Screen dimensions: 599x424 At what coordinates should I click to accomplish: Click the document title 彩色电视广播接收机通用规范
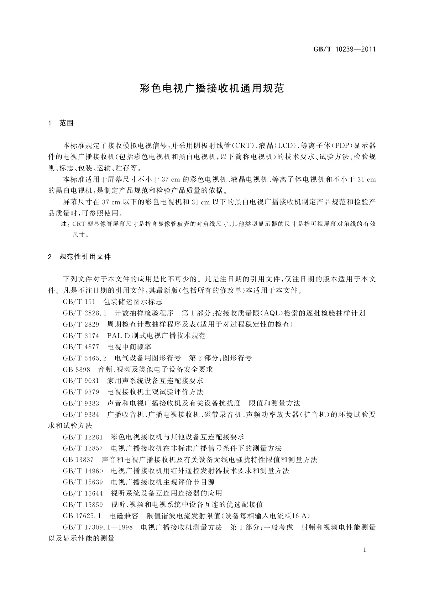[212, 89]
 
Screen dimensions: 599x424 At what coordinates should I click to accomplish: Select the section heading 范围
[67, 123]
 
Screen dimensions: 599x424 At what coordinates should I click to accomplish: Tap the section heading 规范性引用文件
[85, 256]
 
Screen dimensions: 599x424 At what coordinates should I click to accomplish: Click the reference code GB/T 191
[79, 302]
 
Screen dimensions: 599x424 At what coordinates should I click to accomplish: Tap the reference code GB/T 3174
[81, 335]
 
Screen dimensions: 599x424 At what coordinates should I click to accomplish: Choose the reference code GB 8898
[77, 369]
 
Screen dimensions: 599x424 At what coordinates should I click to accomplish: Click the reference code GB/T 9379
[81, 392]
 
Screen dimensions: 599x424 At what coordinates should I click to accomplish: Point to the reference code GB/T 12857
[83, 448]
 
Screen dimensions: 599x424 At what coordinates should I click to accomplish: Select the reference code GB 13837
[78, 460]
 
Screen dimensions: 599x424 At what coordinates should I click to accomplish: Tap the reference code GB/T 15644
[83, 493]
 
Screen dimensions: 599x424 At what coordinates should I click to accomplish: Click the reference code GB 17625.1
[82, 516]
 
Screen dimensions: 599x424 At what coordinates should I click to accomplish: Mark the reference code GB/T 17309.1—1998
[98, 527]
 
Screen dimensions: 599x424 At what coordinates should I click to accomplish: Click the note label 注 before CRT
[64, 224]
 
